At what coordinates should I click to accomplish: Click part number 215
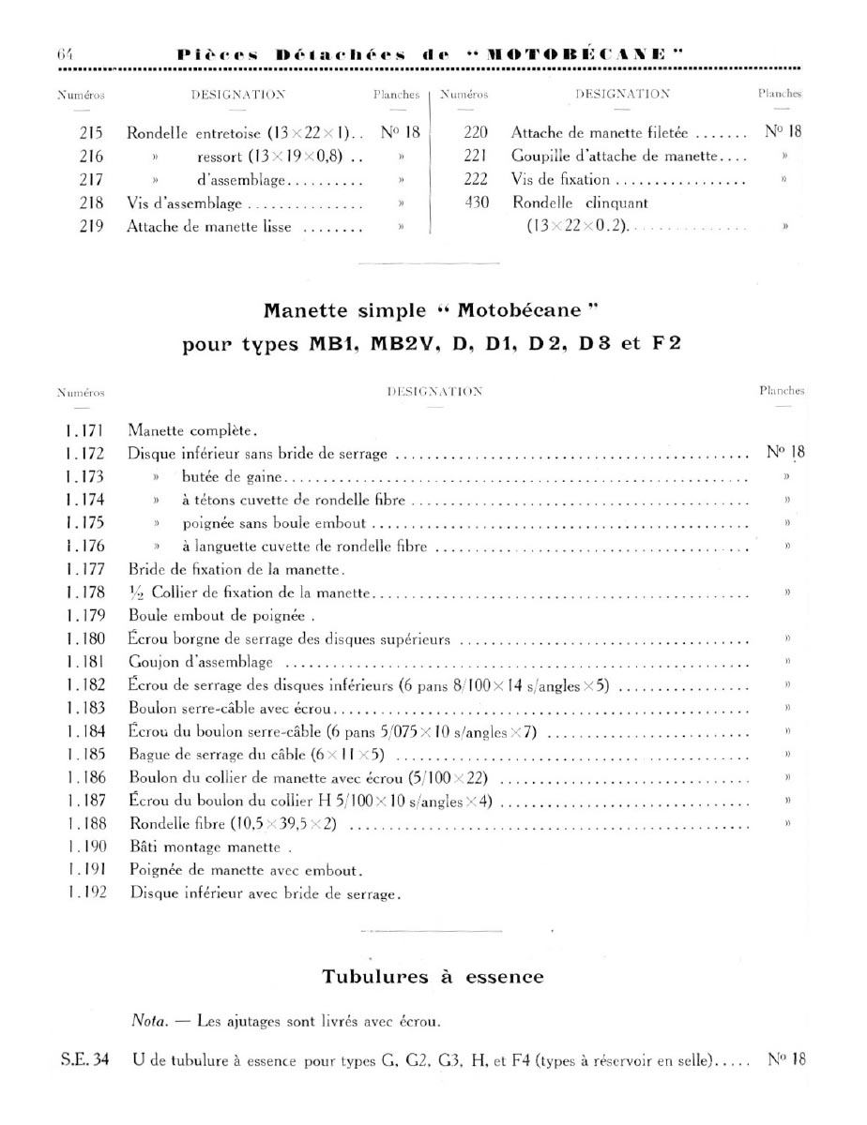[91, 133]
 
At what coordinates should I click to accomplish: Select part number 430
[476, 202]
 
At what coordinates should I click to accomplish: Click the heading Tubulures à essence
[433, 977]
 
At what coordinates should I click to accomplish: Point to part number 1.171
[84, 431]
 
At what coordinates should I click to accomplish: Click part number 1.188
[84, 824]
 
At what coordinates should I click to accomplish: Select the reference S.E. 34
[83, 1061]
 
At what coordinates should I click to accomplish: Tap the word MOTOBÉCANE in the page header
[573, 53]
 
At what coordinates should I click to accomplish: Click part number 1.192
[84, 892]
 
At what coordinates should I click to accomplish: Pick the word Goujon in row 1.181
[152, 663]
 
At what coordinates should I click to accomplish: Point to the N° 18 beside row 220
[783, 132]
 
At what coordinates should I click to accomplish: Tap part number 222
[476, 179]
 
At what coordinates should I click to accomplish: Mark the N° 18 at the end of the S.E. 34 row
[786, 1061]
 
